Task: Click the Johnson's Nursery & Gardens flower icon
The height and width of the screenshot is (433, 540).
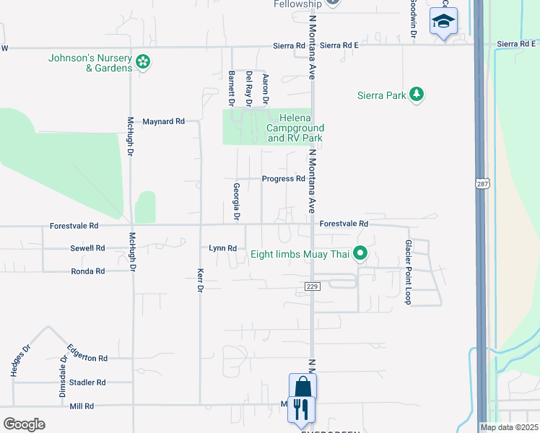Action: (143, 61)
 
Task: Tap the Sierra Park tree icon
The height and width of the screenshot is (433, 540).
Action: (416, 94)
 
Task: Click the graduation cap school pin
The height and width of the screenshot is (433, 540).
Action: (443, 22)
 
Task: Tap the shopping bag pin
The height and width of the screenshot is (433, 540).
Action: (302, 387)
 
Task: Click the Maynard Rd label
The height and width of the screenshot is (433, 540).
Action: (163, 121)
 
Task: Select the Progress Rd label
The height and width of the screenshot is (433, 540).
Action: (283, 179)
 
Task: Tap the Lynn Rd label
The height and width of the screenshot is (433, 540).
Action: (222, 248)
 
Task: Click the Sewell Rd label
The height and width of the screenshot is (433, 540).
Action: (87, 248)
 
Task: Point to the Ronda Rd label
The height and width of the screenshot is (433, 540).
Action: (88, 271)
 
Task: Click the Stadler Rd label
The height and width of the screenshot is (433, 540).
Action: (87, 382)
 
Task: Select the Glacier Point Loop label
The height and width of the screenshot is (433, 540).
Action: (408, 272)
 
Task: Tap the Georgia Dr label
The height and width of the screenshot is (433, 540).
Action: (236, 201)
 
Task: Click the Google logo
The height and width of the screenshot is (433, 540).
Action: (24, 424)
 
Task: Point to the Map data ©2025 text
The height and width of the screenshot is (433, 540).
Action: (509, 427)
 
